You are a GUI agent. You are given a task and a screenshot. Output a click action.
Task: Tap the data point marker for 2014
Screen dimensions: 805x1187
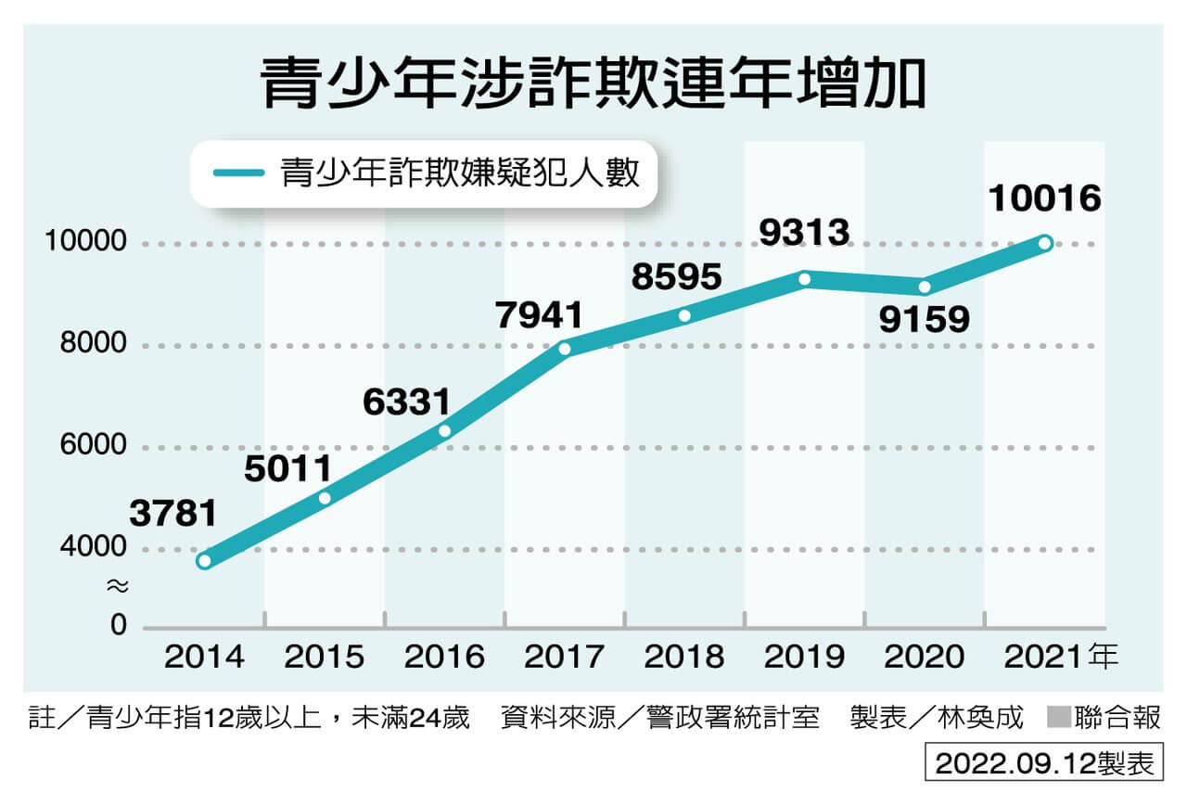pyautogui.click(x=204, y=561)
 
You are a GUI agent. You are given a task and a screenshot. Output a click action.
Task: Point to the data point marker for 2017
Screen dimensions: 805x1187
pyautogui.click(x=565, y=350)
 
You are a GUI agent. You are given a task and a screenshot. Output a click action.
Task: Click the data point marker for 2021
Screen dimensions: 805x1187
pyautogui.click(x=1045, y=243)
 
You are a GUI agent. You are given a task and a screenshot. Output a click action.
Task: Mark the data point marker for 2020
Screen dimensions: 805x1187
pyautogui.click(x=925, y=287)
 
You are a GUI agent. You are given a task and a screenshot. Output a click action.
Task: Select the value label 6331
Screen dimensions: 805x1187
pyautogui.click(x=407, y=402)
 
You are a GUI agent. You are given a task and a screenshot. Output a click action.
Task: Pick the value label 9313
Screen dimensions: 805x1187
pyautogui.click(x=804, y=232)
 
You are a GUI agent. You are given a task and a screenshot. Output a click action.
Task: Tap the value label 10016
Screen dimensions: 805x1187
pyautogui.click(x=1045, y=198)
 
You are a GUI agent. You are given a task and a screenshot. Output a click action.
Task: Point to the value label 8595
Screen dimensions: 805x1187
pyautogui.click(x=678, y=276)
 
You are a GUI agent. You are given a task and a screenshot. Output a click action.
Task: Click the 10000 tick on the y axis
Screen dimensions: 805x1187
pyautogui.click(x=85, y=243)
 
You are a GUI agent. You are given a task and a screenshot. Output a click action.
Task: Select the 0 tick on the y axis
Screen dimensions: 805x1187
pyautogui.click(x=118, y=626)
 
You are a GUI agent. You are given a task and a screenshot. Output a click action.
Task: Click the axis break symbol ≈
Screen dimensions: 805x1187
pyautogui.click(x=117, y=586)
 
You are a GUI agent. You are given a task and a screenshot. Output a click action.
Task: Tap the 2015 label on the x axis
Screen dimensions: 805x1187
pyautogui.click(x=325, y=658)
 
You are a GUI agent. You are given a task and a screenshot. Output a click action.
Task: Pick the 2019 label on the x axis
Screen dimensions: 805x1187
pyautogui.click(x=805, y=658)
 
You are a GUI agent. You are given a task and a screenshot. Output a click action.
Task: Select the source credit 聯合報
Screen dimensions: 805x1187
pyautogui.click(x=1117, y=718)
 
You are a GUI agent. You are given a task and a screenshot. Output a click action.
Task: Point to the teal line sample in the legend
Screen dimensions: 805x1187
pyautogui.click(x=239, y=172)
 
